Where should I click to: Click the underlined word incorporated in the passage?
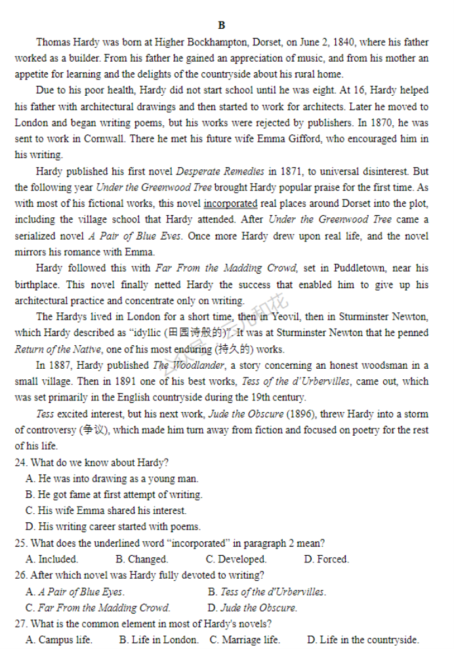pyautogui.click(x=230, y=203)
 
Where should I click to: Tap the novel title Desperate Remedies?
pyautogui.click(x=220, y=171)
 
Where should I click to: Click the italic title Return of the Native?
pyautogui.click(x=58, y=349)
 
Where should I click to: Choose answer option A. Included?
pyautogui.click(x=52, y=559)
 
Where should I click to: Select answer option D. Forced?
pyautogui.click(x=326, y=559)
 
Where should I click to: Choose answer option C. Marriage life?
pyautogui.click(x=245, y=640)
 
